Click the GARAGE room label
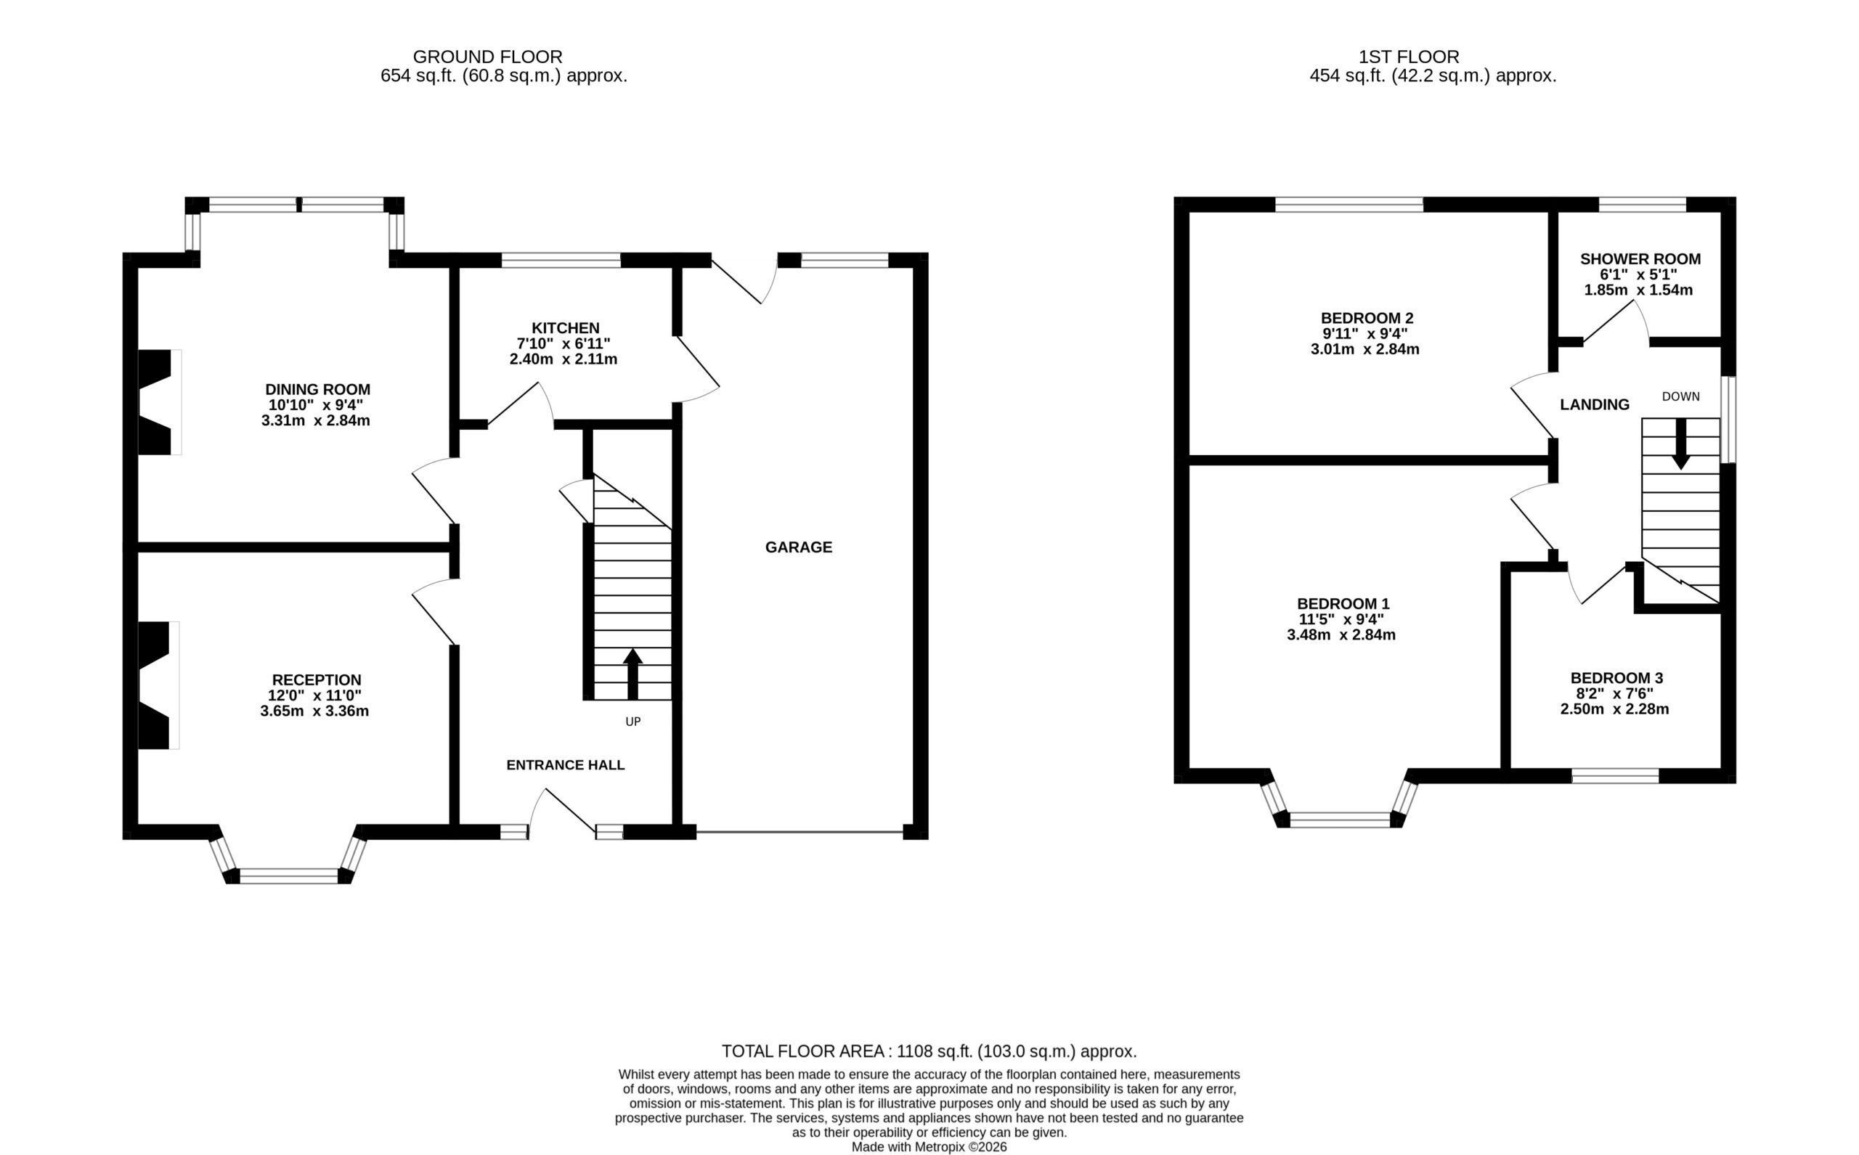(799, 547)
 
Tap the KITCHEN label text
(566, 327)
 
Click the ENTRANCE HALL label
(566, 764)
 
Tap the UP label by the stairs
(632, 721)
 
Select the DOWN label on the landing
(1681, 396)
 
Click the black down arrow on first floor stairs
(1681, 444)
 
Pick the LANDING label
(1595, 405)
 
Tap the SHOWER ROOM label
(1640, 259)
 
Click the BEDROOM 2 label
(1367, 318)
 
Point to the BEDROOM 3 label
(1616, 677)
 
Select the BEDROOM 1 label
(1343, 603)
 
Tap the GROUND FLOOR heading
(487, 57)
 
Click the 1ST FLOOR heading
(1409, 57)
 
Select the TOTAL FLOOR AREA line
(929, 1051)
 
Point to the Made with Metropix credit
(929, 1146)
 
